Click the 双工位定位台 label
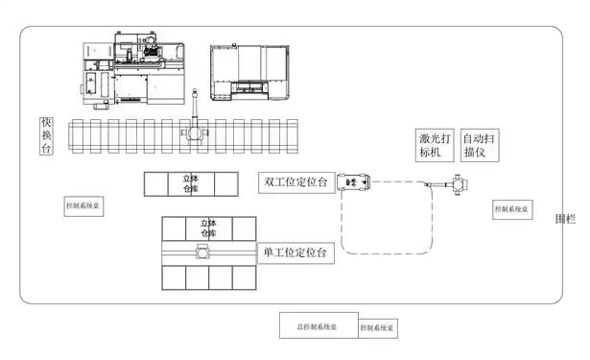tap(296, 182)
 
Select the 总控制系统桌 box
tap(319, 324)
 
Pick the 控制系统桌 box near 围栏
tap(511, 208)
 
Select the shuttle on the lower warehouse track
tap(203, 252)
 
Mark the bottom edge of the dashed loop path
tap(384, 253)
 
